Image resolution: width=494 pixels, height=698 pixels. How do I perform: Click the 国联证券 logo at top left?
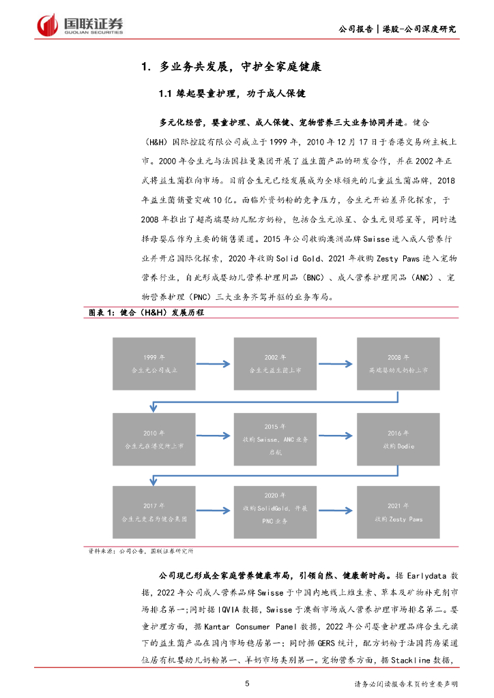[81, 25]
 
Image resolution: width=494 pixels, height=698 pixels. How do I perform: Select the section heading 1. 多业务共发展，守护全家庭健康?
[231, 67]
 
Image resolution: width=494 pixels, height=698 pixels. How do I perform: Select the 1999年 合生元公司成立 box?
[154, 363]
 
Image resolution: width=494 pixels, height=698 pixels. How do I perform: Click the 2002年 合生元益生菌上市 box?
[275, 363]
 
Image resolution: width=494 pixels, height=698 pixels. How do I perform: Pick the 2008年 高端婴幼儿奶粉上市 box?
[397, 363]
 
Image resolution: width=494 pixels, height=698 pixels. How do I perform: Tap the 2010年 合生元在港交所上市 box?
[154, 439]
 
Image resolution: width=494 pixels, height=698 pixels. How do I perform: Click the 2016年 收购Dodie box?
[397, 439]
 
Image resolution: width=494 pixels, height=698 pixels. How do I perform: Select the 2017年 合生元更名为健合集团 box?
[154, 511]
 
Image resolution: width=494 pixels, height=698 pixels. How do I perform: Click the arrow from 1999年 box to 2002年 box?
[214, 363]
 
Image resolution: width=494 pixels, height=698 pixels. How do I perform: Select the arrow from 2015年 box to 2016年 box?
[336, 439]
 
